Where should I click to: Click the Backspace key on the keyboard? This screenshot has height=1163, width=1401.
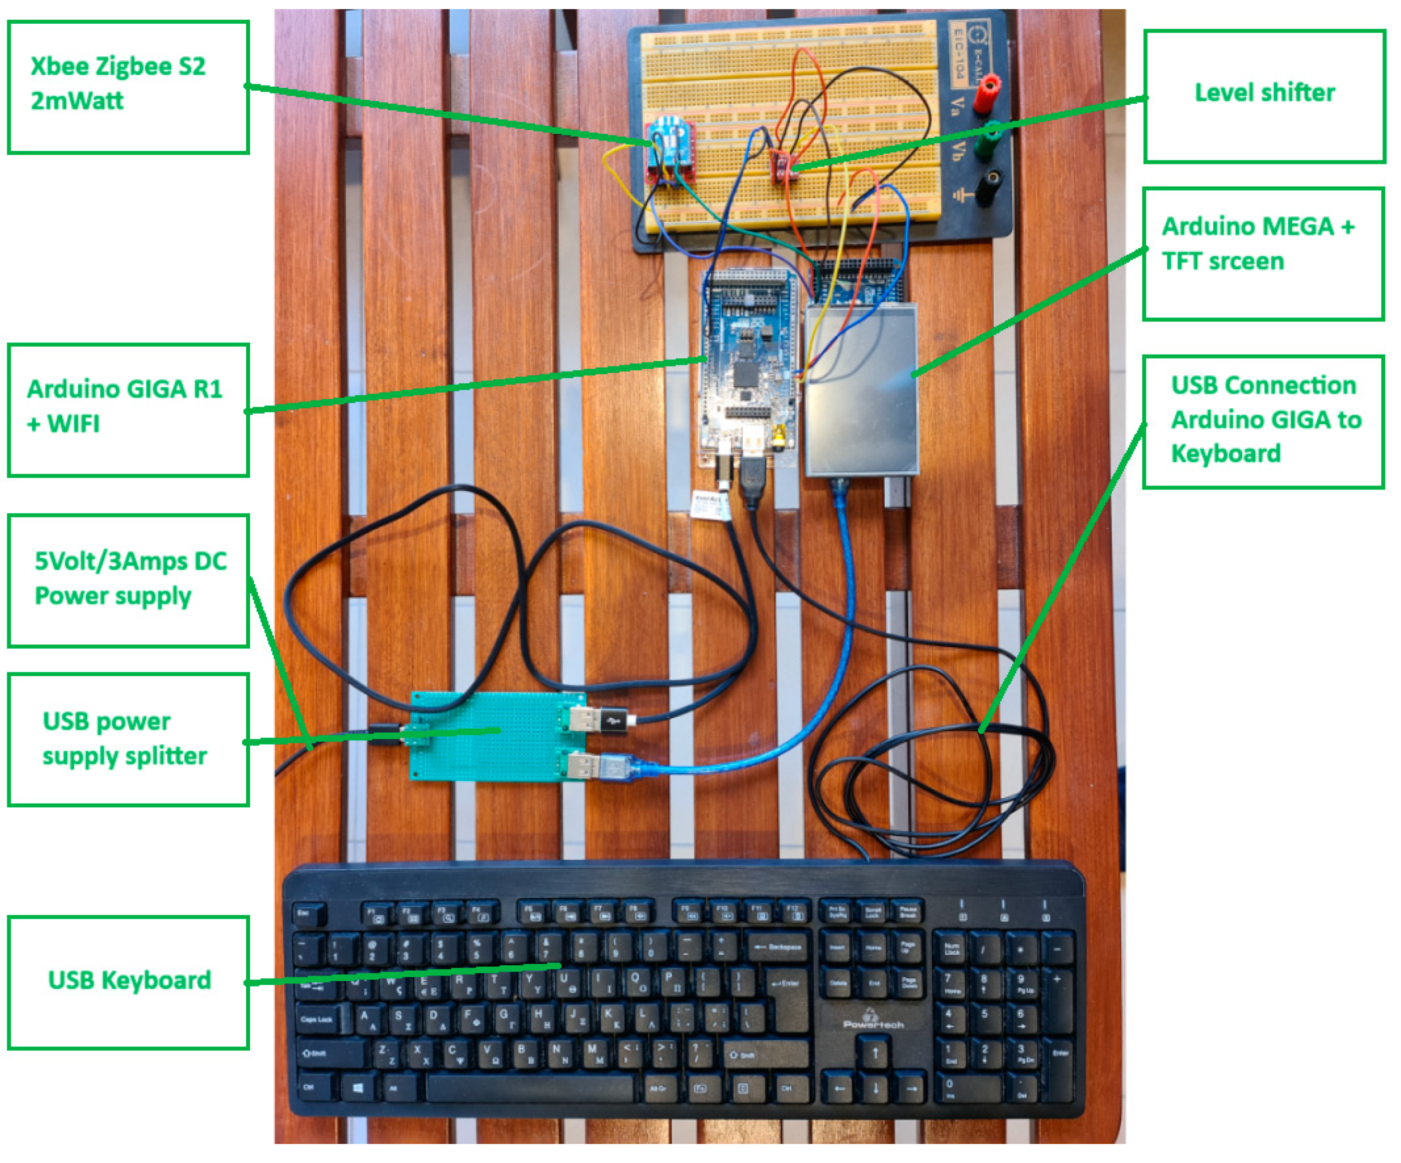779,947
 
